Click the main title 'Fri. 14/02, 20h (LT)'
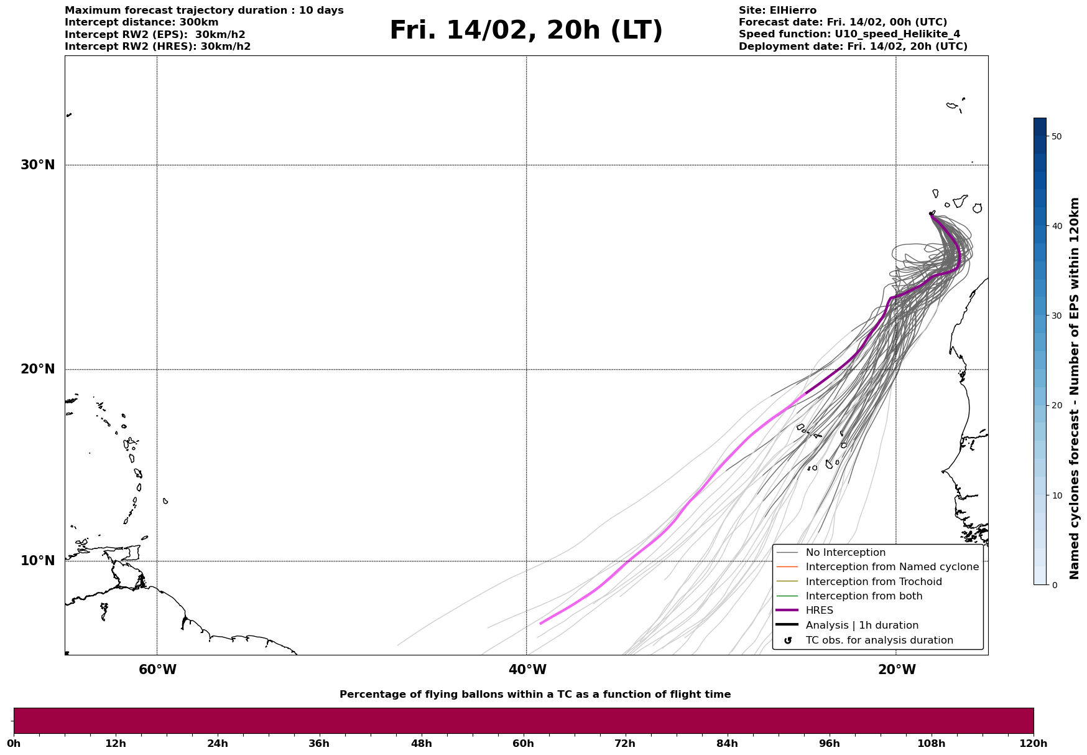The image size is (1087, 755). click(526, 30)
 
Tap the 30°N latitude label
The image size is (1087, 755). click(37, 165)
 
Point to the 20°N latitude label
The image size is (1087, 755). click(37, 369)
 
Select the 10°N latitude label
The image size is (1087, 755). click(37, 561)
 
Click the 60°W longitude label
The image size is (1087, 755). click(157, 670)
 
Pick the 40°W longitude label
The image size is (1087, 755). click(527, 670)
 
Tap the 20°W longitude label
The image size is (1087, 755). click(897, 670)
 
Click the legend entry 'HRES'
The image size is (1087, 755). click(819, 611)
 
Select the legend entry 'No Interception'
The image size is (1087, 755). click(845, 553)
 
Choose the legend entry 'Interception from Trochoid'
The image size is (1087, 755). click(873, 582)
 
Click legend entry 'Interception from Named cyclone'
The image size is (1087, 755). click(892, 567)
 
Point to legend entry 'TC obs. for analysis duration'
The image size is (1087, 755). click(879, 640)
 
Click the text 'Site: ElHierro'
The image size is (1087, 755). click(777, 11)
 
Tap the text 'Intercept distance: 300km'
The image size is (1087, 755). click(141, 22)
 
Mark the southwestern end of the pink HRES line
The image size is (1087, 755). click(540, 623)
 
